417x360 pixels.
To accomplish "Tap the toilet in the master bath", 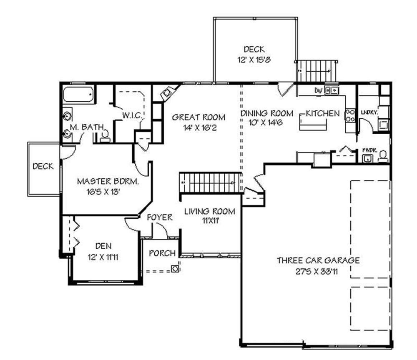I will coord(105,135).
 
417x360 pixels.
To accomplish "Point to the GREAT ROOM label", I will coord(199,117).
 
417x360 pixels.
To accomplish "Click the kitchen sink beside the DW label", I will coord(332,90).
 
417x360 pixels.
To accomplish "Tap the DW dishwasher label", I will coord(318,90).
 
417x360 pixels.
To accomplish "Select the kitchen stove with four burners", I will coord(349,115).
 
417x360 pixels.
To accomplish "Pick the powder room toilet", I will coord(383,156).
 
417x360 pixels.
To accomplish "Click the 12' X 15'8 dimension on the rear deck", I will coord(254,60).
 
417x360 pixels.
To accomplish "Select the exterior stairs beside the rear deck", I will coord(316,71).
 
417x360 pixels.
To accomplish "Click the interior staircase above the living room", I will coord(210,182).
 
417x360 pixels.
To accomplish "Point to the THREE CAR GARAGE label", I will coord(318,260).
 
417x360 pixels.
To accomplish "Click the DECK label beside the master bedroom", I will coord(43,167).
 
